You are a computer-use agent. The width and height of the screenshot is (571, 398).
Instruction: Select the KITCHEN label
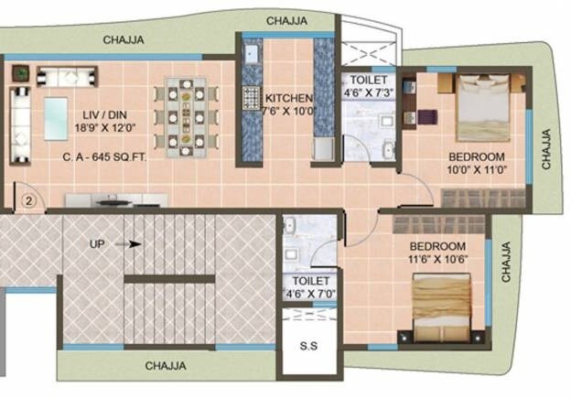click(289, 99)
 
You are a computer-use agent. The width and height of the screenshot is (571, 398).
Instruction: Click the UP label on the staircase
click(99, 244)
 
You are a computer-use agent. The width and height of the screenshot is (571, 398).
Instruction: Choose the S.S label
click(309, 349)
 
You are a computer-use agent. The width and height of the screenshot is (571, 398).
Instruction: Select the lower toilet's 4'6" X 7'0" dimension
click(309, 294)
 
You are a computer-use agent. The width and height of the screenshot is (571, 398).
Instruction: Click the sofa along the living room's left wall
click(19, 124)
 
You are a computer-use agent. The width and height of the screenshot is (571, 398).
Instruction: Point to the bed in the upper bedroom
click(488, 107)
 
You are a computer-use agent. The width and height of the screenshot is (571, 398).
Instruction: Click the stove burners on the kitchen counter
click(252, 98)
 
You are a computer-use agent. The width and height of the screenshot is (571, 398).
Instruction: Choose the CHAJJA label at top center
click(286, 20)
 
